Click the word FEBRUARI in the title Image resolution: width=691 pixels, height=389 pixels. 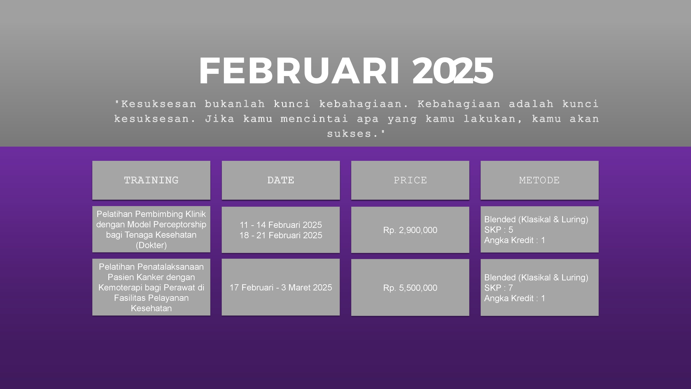pos(299,71)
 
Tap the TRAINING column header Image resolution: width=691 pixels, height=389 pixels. pos(151,180)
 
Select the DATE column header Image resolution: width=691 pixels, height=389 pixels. pos(281,180)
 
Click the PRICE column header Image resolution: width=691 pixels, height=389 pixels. pos(410,180)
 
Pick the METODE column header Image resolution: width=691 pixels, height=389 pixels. pos(539,180)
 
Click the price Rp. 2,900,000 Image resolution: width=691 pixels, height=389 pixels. pos(410,230)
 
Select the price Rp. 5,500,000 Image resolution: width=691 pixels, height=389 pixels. pos(410,288)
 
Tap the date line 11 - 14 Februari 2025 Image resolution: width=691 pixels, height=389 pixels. pos(281,225)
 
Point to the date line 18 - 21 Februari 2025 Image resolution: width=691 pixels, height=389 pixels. pos(281,235)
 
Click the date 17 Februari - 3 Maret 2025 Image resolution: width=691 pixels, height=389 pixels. pos(281,288)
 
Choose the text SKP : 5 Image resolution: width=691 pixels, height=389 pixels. pos(498,230)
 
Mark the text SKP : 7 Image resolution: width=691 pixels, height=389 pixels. pos(498,288)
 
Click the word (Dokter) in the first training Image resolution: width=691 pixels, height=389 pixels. pos(151,245)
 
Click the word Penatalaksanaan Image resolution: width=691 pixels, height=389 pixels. pos(170,267)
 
